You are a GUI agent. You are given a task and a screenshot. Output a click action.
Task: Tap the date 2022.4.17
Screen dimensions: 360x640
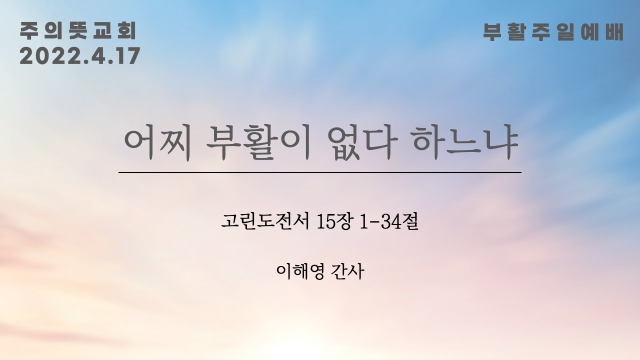pos(79,56)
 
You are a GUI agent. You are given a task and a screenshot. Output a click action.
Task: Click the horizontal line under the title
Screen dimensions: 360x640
pos(320,172)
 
